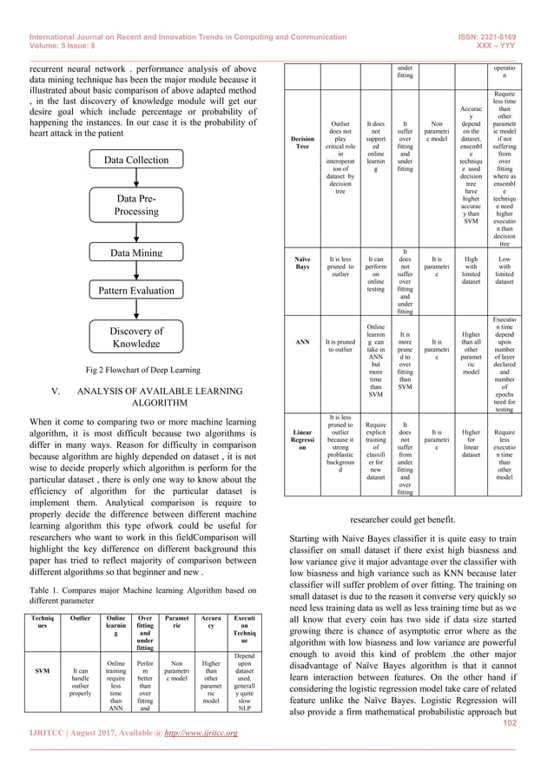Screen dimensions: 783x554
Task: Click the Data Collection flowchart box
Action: [136, 160]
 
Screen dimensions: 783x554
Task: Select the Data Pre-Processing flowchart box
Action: [136, 205]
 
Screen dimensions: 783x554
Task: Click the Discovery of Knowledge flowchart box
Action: [136, 337]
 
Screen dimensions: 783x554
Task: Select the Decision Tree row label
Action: [303, 141]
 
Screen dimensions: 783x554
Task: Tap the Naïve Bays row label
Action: [303, 263]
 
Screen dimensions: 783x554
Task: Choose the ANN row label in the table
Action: [303, 342]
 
